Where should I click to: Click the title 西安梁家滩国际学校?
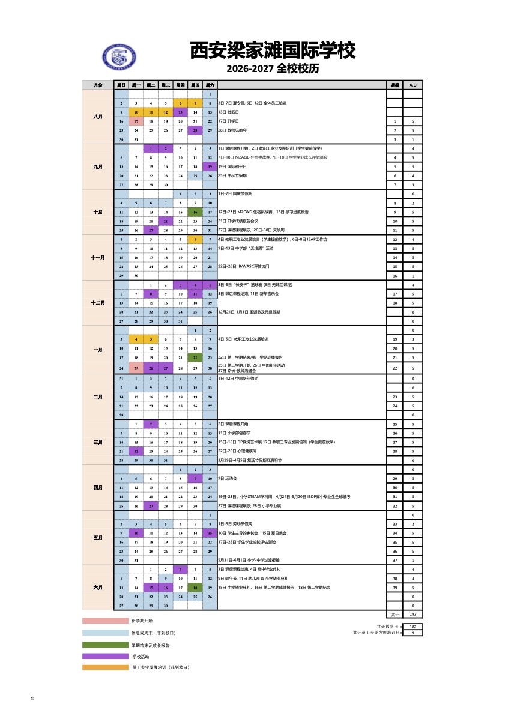[273, 51]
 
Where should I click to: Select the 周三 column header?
[166, 85]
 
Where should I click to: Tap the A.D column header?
[413, 85]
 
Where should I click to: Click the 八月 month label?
[98, 117]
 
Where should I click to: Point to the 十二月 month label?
[98, 303]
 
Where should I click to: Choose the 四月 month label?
[98, 487]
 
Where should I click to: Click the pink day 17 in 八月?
[136, 121]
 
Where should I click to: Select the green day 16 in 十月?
[195, 212]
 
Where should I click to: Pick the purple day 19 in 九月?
[210, 166]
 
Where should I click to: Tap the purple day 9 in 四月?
[195, 478]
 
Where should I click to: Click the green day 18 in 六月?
[195, 588]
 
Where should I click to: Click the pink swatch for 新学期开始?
[106, 621]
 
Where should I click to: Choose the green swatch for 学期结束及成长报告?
[106, 645]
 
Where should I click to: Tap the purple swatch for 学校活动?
[106, 656]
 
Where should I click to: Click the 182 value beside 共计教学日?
[413, 627]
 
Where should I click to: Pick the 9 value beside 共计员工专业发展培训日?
[413, 633]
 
